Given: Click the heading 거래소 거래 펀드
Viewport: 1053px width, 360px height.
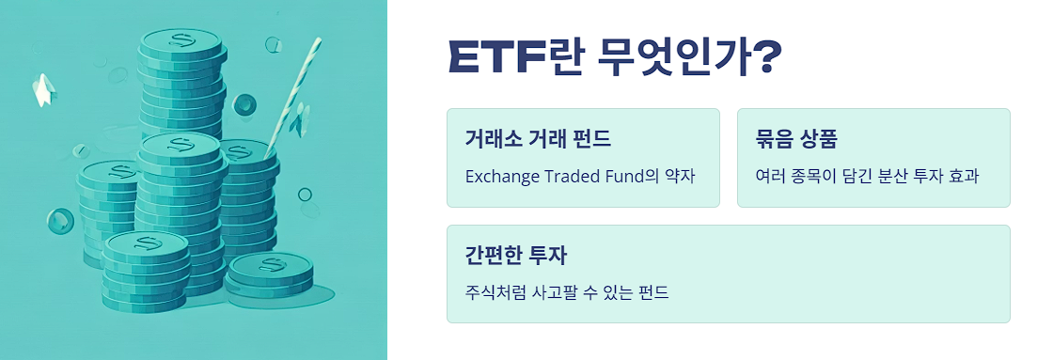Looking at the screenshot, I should coord(538,140).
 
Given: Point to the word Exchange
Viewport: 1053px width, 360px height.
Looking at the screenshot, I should coord(502,176).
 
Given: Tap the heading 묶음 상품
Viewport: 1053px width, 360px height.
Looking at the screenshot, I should coord(796,140).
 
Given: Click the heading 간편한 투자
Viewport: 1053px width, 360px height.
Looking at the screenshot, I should coord(515,257).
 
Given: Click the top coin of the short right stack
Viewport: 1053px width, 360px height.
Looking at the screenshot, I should coord(271,266).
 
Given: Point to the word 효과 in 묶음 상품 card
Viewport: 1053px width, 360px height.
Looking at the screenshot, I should coord(963,176).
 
